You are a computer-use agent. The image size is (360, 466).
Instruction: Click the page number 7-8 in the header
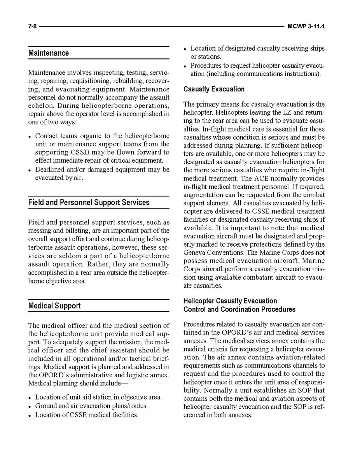[x=32, y=26]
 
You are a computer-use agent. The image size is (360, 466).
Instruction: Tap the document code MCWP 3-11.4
[x=306, y=26]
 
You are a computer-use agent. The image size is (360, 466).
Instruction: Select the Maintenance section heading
[x=49, y=53]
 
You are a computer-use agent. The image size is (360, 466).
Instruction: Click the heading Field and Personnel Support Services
[x=89, y=202]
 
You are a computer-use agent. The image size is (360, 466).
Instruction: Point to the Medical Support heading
[x=54, y=306]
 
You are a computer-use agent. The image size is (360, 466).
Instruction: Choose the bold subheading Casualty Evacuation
[x=214, y=89]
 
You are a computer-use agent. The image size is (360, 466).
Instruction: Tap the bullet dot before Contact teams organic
[x=30, y=137]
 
